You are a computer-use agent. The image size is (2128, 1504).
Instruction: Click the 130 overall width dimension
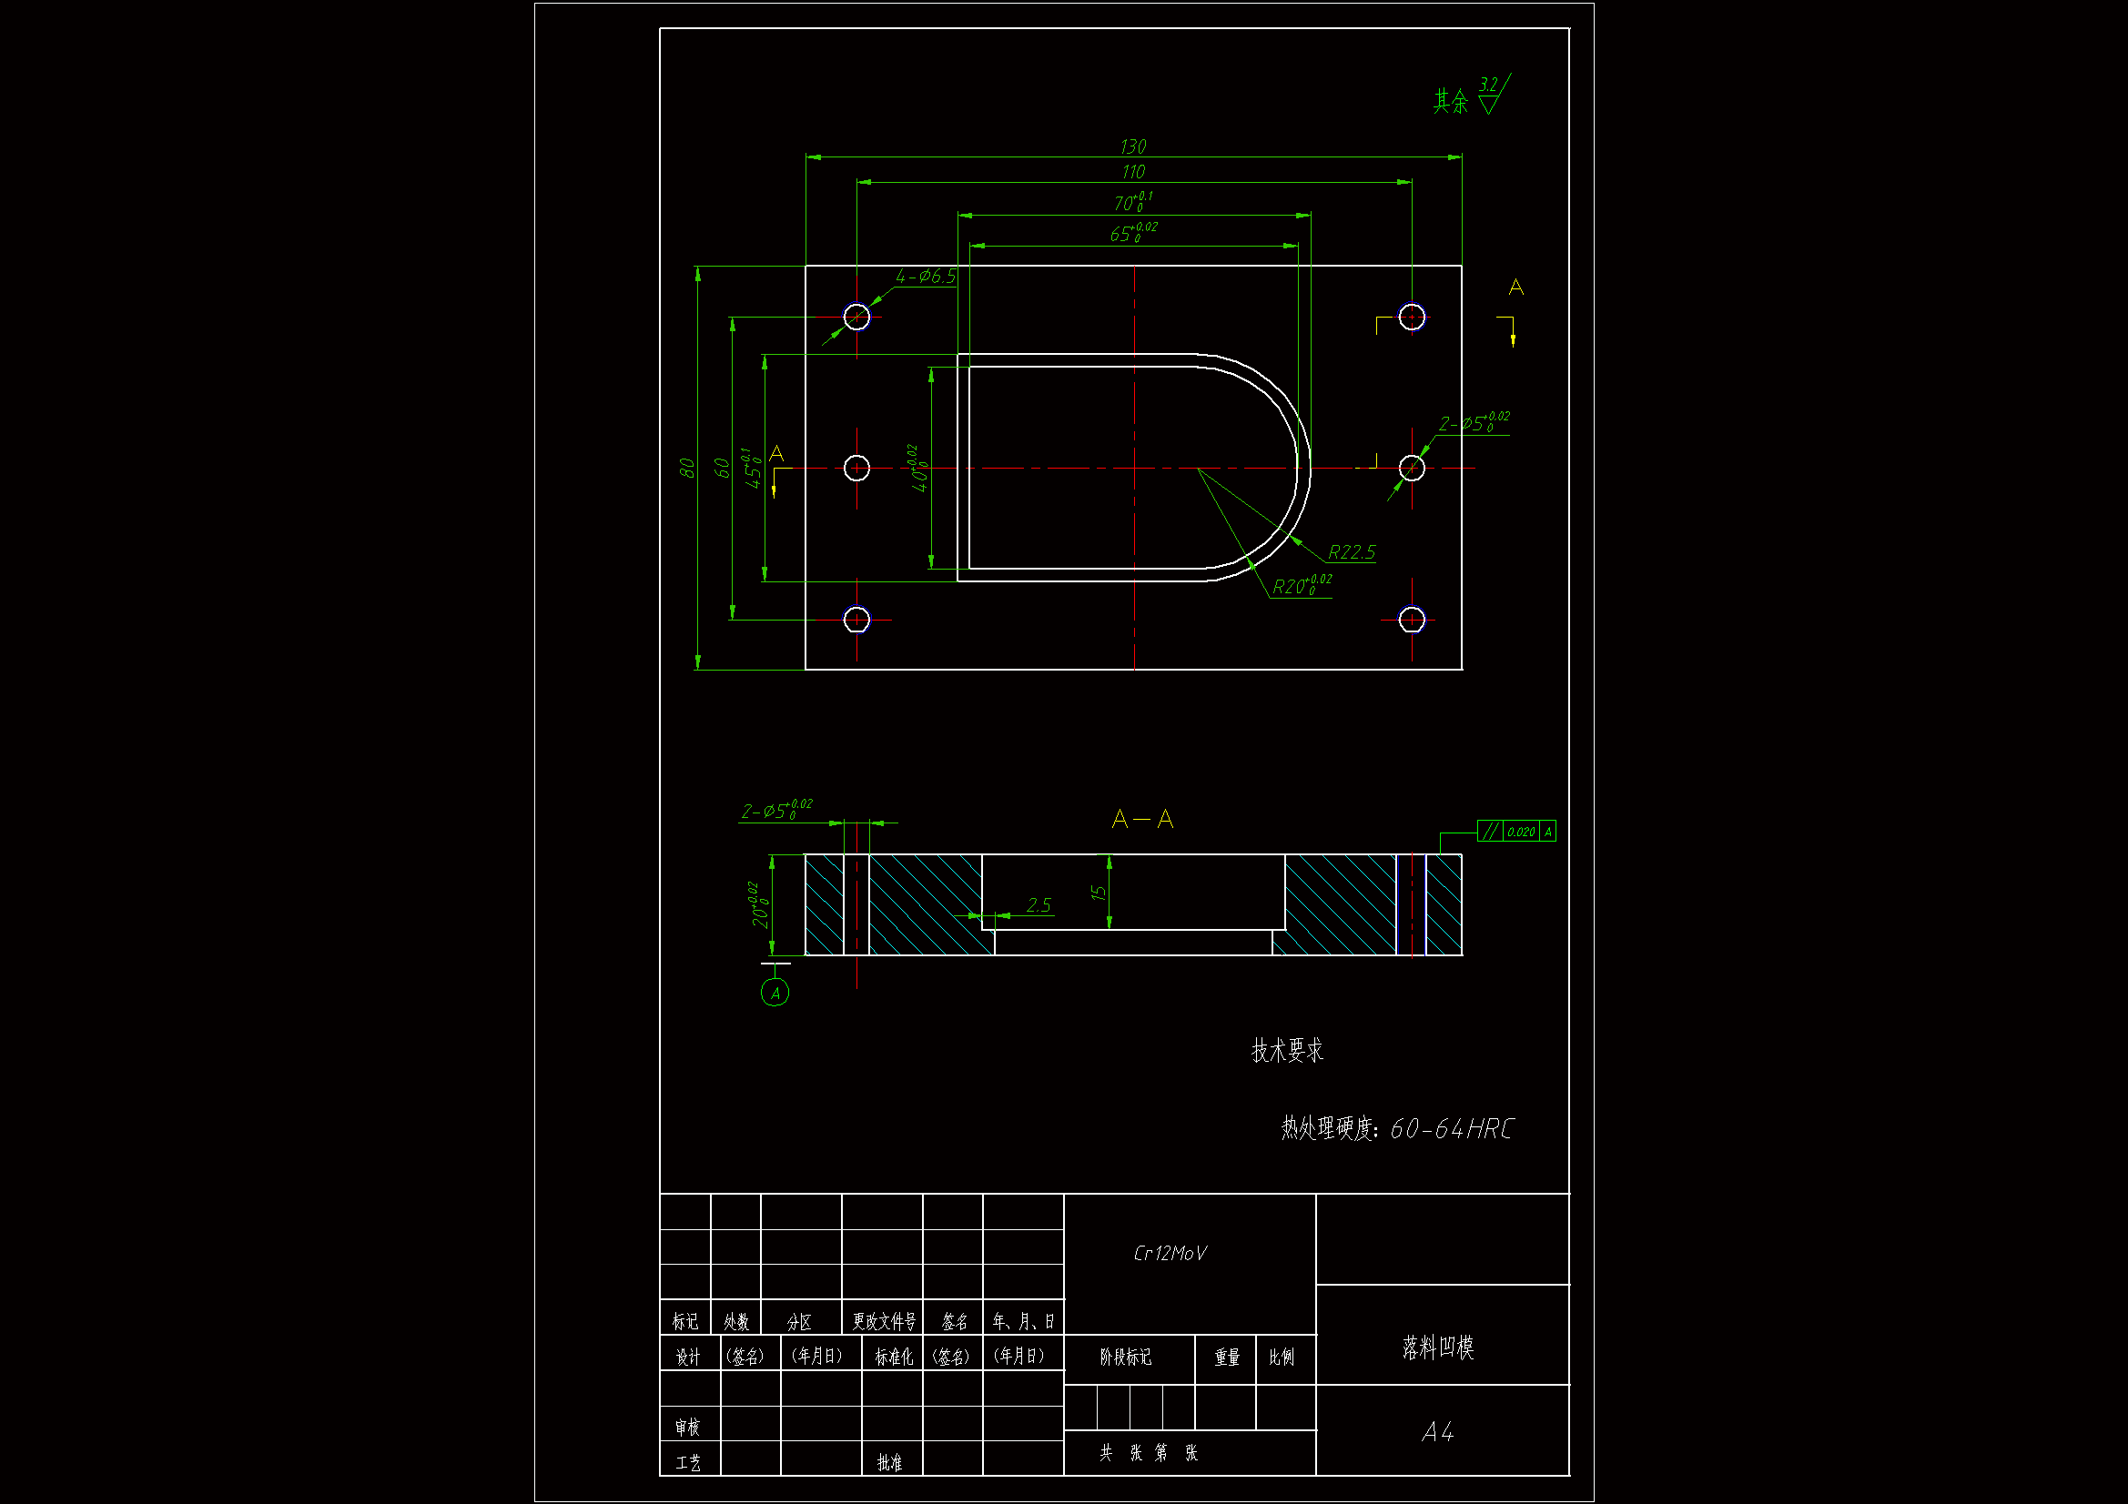(1132, 147)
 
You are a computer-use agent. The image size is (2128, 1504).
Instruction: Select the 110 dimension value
(1132, 172)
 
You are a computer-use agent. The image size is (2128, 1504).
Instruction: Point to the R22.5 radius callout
(1352, 553)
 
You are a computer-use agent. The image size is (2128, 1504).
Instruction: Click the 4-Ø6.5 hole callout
(925, 278)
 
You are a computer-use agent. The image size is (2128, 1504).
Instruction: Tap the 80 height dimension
(687, 468)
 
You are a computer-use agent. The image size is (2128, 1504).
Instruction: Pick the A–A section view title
(1142, 819)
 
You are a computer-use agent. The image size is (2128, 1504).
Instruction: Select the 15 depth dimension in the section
(1099, 893)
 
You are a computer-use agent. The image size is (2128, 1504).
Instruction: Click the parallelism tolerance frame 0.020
(1516, 832)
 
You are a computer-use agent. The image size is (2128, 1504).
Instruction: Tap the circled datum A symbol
(775, 994)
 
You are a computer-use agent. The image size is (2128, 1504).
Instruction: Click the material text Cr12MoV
(1170, 1254)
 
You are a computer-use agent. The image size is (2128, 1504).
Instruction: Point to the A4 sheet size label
(1437, 1433)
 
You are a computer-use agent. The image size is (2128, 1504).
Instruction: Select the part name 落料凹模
(1437, 1348)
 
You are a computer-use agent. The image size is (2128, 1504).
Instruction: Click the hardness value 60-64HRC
(1451, 1129)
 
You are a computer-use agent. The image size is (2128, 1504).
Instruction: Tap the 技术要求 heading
(1286, 1051)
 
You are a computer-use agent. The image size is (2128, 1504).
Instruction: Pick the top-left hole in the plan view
(856, 317)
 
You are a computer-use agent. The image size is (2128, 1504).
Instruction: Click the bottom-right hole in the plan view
(1411, 619)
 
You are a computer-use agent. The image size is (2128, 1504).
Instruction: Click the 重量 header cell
(1226, 1358)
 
